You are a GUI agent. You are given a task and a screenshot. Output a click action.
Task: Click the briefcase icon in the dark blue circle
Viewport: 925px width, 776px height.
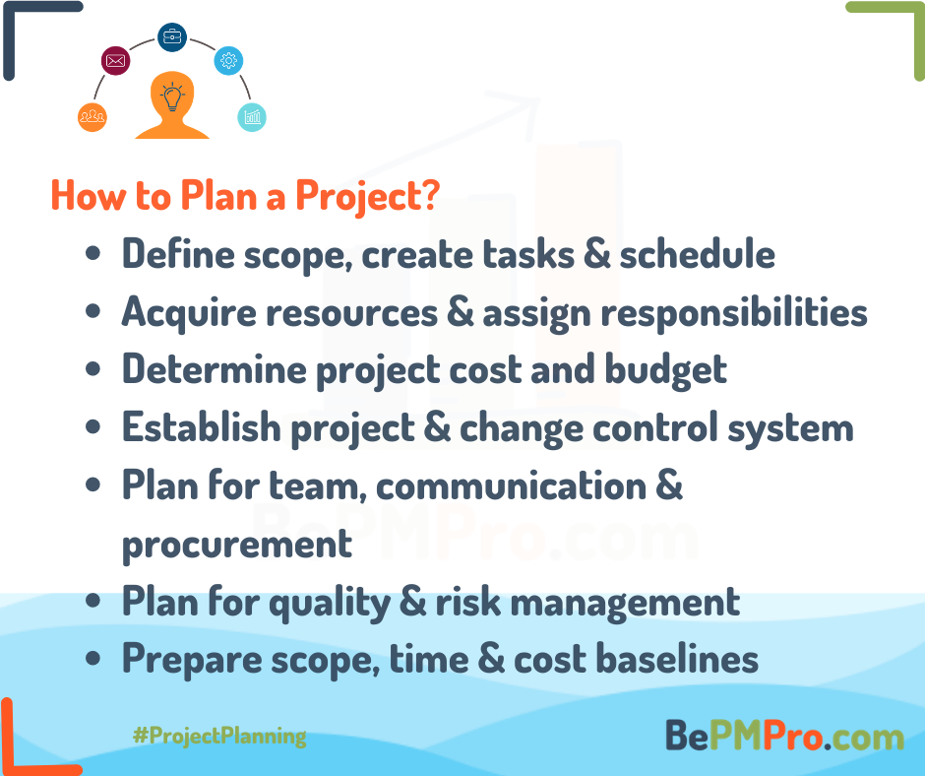point(172,37)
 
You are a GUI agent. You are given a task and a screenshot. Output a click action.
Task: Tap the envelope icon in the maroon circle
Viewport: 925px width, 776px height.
point(116,60)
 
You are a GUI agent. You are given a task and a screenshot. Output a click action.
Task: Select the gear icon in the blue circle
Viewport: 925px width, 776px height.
point(229,60)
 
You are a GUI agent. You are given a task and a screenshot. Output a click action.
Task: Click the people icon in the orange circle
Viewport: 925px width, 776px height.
point(92,116)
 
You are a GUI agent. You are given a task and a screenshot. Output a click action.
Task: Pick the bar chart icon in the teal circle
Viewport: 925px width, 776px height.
point(252,117)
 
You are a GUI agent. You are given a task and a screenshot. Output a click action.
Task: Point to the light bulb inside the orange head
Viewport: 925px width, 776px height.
point(172,97)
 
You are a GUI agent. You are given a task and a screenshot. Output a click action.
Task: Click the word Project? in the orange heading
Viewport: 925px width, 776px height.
point(367,195)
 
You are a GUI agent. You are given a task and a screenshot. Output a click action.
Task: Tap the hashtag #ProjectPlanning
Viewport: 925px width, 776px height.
point(219,736)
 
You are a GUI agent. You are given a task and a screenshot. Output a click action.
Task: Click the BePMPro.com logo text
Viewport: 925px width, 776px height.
point(784,736)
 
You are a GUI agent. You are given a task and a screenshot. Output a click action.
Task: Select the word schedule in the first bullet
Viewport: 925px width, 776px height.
point(698,254)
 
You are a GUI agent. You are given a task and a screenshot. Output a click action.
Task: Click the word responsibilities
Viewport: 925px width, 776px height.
point(734,312)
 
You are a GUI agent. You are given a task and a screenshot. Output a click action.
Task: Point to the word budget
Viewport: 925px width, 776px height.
point(666,370)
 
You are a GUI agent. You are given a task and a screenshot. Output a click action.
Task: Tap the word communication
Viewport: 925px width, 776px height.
point(512,485)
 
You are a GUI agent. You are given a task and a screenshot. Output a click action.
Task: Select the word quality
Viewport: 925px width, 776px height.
point(331,603)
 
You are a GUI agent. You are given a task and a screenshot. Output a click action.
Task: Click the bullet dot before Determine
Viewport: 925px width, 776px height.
point(92,369)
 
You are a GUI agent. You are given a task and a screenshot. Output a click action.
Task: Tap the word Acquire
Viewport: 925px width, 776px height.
point(189,312)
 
